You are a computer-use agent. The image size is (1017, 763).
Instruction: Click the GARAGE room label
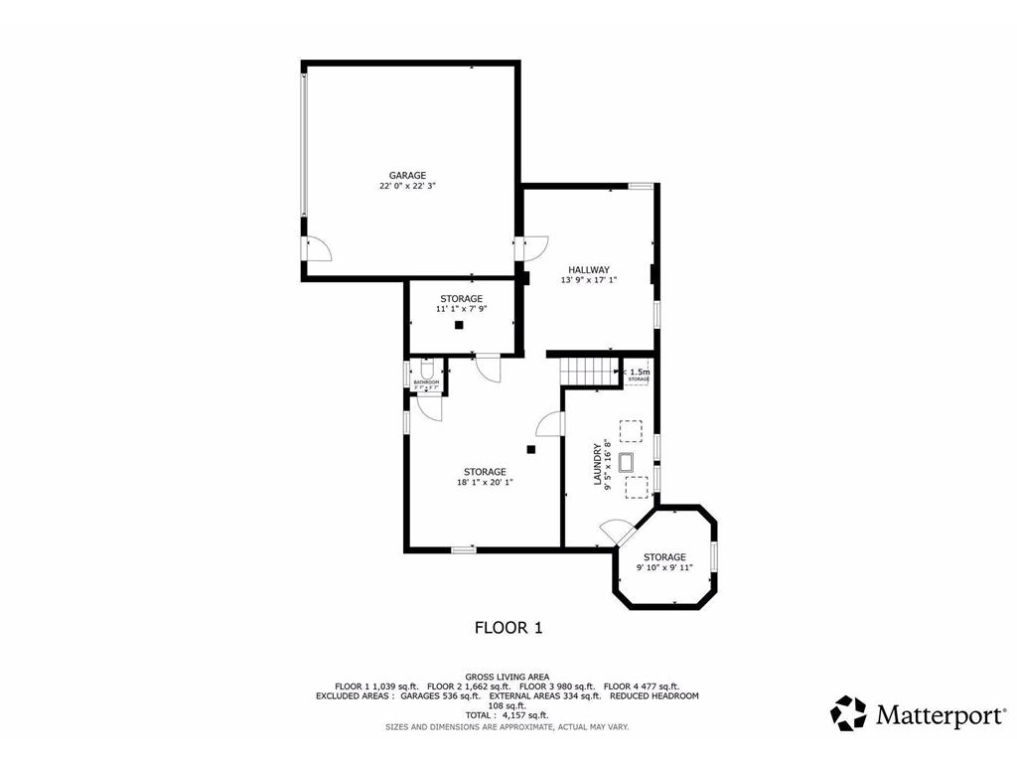407,175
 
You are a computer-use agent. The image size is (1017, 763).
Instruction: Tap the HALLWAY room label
589,269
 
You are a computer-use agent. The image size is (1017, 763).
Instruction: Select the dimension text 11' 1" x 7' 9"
461,309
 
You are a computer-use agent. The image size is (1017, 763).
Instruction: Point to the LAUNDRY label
598,464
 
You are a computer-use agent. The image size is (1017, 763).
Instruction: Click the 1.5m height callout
639,373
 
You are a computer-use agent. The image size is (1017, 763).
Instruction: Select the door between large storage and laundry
549,424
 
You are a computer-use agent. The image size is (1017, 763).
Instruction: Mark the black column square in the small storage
459,324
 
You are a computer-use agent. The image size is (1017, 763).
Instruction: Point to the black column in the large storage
531,449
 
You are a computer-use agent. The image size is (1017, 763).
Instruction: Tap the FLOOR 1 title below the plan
508,627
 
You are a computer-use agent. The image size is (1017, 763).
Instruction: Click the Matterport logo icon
848,713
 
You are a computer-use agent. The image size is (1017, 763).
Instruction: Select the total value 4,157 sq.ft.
525,715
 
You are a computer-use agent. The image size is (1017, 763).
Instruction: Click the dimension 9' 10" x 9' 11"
664,568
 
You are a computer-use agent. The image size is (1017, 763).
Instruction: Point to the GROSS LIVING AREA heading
508,677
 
